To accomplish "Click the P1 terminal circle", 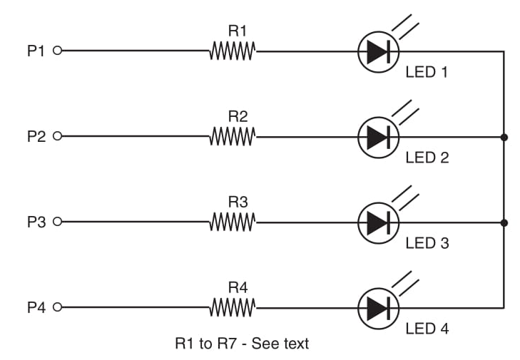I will pos(58,51).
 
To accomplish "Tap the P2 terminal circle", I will pos(58,136).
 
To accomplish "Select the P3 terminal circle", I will pos(58,222).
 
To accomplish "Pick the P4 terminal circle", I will pos(58,308).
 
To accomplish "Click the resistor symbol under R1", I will pos(233,51).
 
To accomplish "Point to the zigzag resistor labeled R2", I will pos(233,136).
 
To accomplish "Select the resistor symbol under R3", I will pos(233,222).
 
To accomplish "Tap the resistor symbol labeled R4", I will pos(233,308).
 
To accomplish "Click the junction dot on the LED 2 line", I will pos(504,136).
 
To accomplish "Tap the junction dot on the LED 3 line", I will pos(504,222).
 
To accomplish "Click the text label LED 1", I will pos(427,72).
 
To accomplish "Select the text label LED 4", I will pos(427,329).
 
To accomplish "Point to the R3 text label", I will pos(238,202).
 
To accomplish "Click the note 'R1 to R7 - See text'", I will pos(242,344).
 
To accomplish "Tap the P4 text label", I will pos(36,308).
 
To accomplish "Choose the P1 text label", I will pos(36,51).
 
